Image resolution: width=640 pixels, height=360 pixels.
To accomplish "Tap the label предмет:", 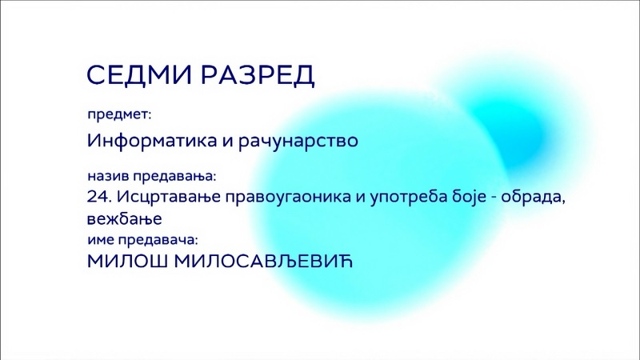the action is click(x=119, y=115).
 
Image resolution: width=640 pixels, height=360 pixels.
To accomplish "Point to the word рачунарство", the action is click(x=298, y=142).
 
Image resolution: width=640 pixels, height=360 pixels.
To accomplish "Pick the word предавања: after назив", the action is click(x=174, y=177).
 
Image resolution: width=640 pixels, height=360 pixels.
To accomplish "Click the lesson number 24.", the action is click(x=99, y=197).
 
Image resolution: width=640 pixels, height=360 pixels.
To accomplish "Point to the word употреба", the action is click(x=408, y=198).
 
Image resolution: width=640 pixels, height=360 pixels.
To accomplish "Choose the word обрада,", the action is click(x=533, y=198).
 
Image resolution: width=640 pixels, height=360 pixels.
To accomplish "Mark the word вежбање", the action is click(x=125, y=219).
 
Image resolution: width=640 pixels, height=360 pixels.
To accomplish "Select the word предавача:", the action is click(x=158, y=241).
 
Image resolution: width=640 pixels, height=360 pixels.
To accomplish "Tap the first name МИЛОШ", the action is click(x=127, y=262).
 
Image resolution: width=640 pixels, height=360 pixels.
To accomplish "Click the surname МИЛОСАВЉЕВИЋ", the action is click(x=263, y=262).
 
